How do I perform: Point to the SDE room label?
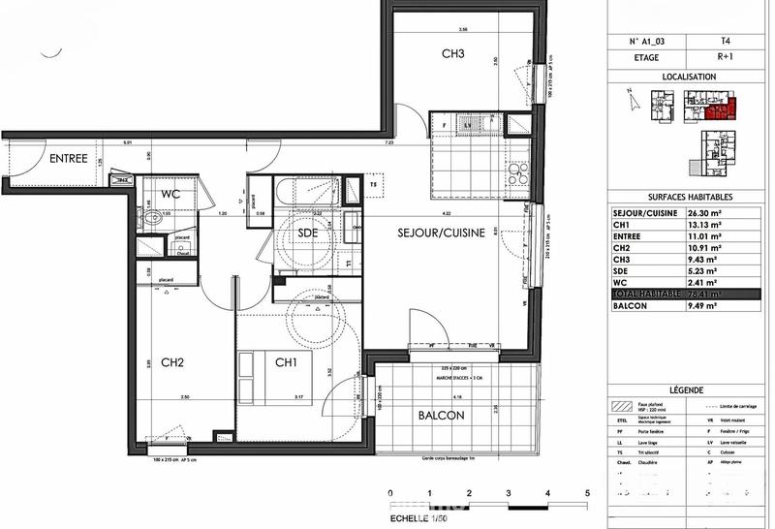click(308, 233)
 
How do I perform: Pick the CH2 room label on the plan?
click(172, 363)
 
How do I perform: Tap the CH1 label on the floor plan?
click(285, 363)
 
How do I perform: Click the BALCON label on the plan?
click(443, 415)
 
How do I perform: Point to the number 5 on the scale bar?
click(587, 494)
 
